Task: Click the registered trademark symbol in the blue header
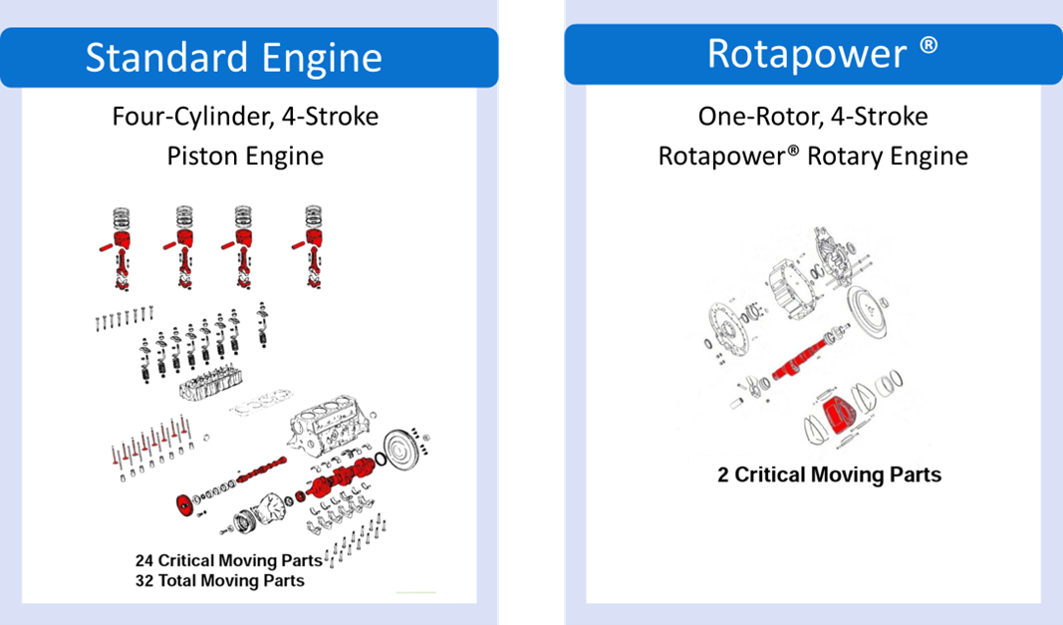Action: click(929, 46)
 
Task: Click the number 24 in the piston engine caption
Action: click(145, 560)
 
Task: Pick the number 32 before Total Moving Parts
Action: click(145, 580)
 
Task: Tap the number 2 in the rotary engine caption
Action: click(723, 474)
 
